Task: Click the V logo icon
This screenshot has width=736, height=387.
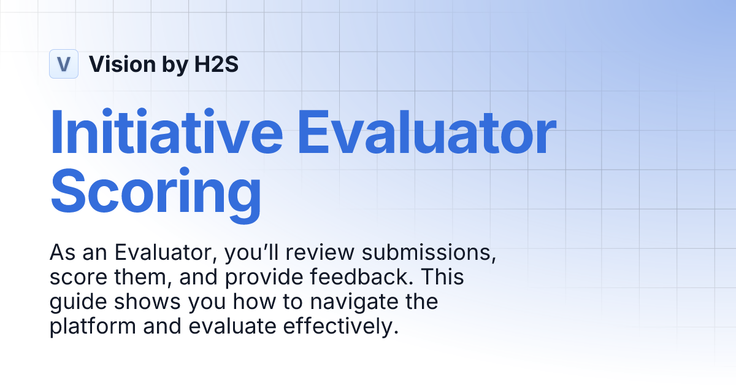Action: point(64,64)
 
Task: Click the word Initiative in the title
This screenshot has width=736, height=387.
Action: point(166,132)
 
